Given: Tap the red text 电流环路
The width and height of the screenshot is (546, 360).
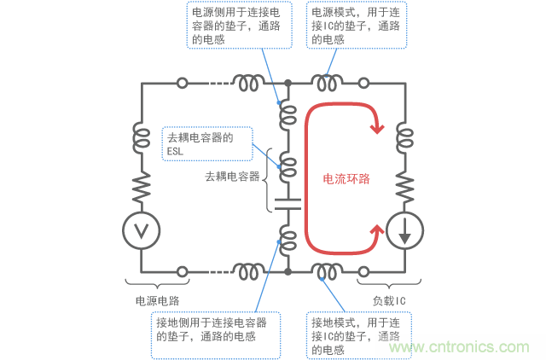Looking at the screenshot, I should (346, 179).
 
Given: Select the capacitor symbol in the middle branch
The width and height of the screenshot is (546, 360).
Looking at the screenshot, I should (288, 205).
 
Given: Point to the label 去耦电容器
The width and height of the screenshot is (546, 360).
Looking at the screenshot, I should (232, 177).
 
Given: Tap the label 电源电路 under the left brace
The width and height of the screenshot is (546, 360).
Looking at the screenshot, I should (158, 301).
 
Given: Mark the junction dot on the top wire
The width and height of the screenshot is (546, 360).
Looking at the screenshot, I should (288, 84).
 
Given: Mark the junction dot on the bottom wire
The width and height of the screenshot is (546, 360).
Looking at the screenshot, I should (288, 271).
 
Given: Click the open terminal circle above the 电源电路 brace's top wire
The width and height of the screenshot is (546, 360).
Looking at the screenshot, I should (182, 84).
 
